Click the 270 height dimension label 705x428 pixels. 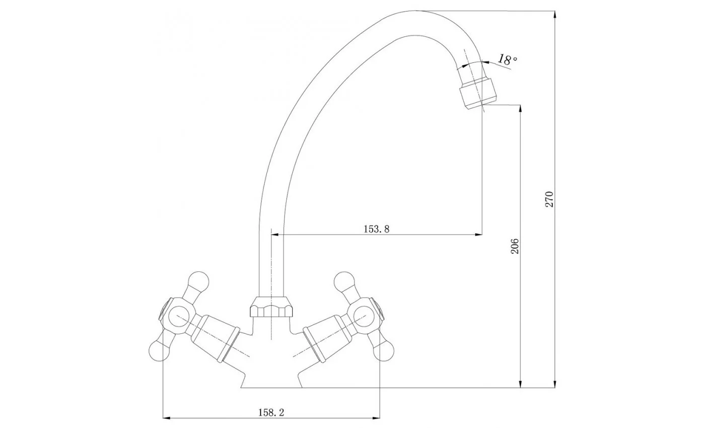point(549,199)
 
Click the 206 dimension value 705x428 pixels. point(514,246)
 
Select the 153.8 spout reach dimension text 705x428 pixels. point(377,229)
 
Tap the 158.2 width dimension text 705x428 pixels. point(271,412)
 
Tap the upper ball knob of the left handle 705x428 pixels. point(198,281)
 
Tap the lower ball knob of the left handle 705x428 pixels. point(160,351)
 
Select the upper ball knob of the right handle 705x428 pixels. point(344,281)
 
